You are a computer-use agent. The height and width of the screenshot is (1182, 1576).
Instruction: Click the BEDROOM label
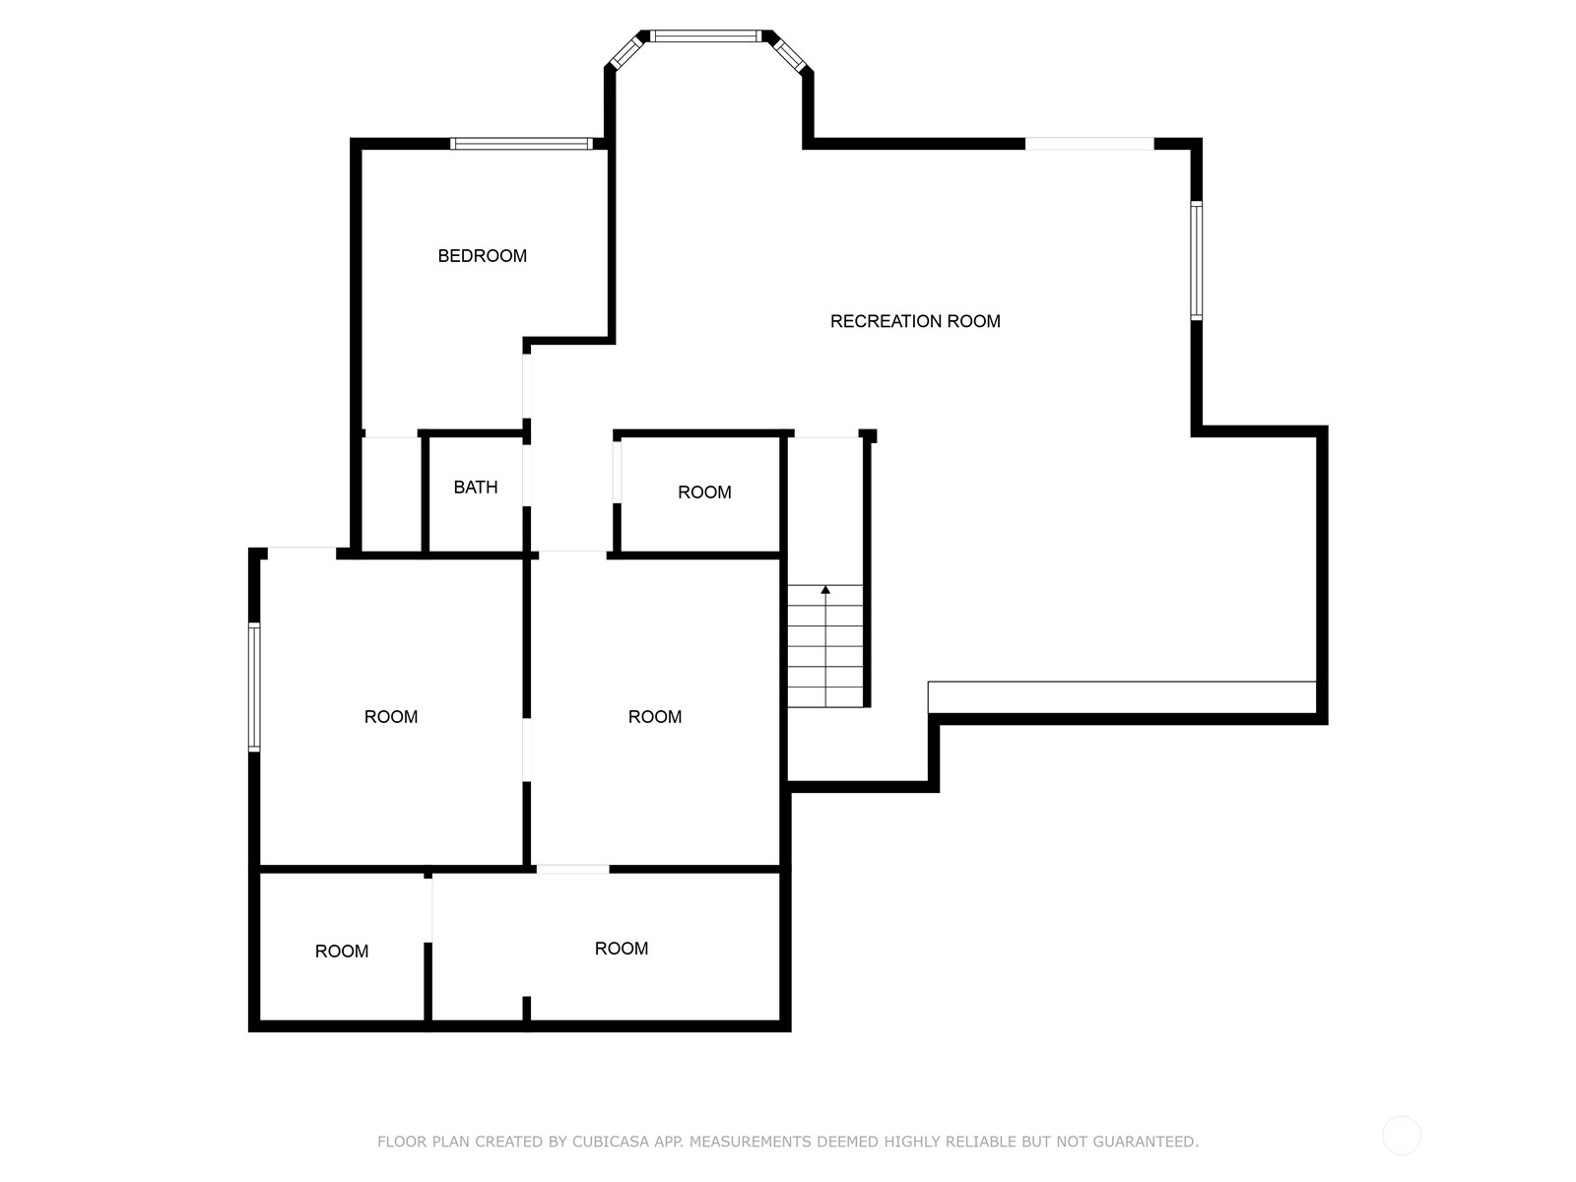tap(482, 256)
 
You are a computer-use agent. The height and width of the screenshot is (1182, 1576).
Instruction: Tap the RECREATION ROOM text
tap(915, 321)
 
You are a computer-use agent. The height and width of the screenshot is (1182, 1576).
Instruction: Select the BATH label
tap(476, 488)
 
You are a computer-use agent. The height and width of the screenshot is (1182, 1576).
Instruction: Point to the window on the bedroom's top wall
tap(521, 144)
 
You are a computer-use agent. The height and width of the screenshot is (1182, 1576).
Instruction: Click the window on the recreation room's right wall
tap(1196, 260)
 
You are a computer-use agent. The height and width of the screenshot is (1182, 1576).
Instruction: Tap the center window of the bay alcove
tap(705, 36)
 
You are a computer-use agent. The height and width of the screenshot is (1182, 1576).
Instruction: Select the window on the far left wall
tap(254, 687)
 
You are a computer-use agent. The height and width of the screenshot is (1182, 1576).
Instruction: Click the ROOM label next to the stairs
tap(704, 492)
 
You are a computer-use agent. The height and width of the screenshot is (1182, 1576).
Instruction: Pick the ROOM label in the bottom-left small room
tap(342, 952)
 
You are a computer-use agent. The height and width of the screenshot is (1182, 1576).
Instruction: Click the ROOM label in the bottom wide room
tap(622, 949)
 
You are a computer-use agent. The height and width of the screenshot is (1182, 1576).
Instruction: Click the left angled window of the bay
tap(627, 52)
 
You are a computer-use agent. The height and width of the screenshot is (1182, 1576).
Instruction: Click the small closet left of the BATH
tap(391, 494)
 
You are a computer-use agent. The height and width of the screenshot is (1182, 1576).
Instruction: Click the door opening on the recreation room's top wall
tap(1089, 144)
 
